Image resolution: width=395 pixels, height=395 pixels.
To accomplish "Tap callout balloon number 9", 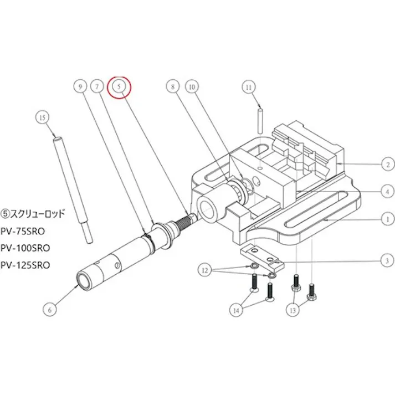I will [80, 87].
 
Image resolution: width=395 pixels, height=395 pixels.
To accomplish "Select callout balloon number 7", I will [97, 87].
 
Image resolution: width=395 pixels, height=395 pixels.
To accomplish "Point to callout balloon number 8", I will [172, 87].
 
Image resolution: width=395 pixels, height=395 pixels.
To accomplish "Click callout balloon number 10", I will [192, 87].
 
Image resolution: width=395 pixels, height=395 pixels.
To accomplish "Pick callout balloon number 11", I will [249, 87].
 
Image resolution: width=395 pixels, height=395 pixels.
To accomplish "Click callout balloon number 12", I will [206, 270].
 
